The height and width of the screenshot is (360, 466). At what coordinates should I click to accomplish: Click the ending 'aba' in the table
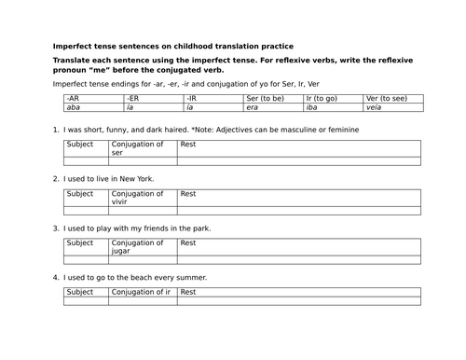click(74, 107)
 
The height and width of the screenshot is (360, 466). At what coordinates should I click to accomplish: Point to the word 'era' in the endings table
click(253, 107)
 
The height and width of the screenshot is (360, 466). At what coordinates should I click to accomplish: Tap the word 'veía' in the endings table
click(374, 107)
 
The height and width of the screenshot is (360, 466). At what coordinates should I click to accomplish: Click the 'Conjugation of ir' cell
click(142, 292)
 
